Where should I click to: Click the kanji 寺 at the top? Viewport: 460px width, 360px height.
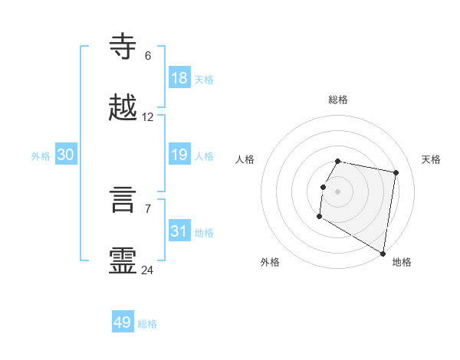[x=123, y=46]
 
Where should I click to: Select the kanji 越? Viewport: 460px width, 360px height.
[x=123, y=108]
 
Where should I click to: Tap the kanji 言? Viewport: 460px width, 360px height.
[x=123, y=201]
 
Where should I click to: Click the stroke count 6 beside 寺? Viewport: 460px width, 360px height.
[x=147, y=55]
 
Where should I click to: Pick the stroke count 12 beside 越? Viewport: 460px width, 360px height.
[x=148, y=117]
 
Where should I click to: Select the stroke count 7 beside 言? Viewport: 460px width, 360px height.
[x=147, y=209]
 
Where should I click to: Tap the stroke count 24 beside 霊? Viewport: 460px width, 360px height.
[x=148, y=270]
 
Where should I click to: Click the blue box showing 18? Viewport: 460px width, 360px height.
[x=179, y=78]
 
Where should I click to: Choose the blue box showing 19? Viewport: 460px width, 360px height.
[x=179, y=155]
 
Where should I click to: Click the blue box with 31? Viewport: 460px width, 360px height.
[x=179, y=231]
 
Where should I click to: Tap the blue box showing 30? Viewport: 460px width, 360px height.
[x=66, y=155]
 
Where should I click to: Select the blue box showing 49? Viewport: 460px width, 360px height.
[x=123, y=322]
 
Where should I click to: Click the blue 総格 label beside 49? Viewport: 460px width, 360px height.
[x=147, y=324]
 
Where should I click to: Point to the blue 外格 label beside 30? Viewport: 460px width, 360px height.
[x=41, y=156]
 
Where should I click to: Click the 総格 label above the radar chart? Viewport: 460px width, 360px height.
[x=337, y=100]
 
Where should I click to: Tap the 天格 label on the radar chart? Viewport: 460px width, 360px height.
[x=431, y=159]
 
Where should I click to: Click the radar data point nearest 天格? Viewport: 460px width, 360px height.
[x=396, y=173]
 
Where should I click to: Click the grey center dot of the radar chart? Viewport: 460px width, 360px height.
[x=337, y=191]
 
